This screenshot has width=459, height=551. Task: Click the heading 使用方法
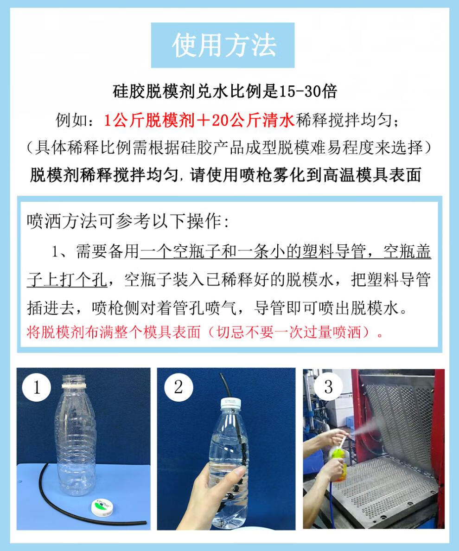(x=223, y=45)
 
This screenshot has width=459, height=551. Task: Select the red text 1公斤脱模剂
(x=149, y=120)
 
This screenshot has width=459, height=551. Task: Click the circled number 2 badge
(x=178, y=387)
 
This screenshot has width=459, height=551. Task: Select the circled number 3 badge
(x=328, y=386)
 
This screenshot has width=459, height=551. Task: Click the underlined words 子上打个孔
(x=67, y=280)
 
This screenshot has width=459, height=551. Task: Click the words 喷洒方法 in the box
(x=62, y=221)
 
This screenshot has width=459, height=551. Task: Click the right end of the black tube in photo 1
(x=146, y=523)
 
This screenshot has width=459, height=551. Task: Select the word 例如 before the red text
(x=71, y=120)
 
